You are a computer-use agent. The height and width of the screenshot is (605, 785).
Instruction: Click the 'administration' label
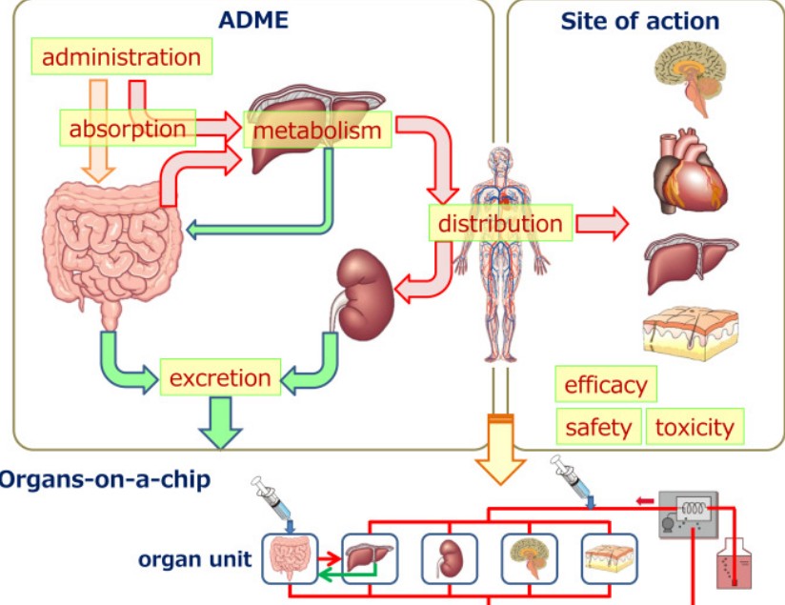pos(121,56)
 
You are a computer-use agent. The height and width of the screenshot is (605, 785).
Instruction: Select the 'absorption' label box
pos(127,128)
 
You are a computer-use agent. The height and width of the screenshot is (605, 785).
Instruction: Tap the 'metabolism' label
pos(318,130)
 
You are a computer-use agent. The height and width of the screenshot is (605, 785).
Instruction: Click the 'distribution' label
pos(499,224)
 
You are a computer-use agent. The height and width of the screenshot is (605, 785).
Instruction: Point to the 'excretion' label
pos(220,377)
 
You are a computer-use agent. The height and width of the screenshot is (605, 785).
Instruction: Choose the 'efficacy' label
pos(605,385)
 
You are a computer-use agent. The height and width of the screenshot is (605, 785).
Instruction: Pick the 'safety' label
pos(597,426)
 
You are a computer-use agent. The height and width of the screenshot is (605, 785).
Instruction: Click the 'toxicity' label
pos(694,426)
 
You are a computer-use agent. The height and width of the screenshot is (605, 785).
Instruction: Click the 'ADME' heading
pos(252,20)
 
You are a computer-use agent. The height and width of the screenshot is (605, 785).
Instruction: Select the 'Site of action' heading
pos(639,21)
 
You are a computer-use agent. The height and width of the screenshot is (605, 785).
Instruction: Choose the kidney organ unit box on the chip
pos(449,558)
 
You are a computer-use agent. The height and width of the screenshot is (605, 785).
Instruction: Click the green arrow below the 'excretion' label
pos(221,420)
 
